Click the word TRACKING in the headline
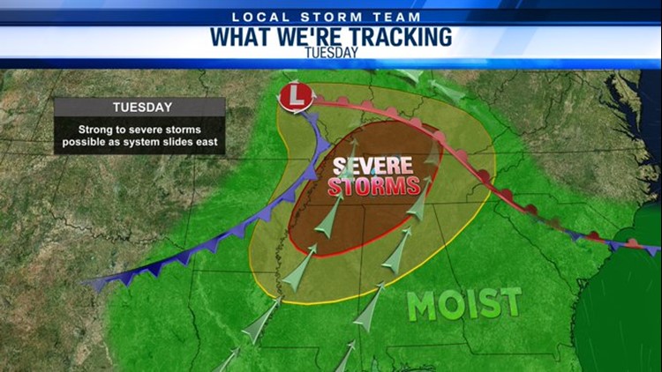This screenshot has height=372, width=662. click(395, 36)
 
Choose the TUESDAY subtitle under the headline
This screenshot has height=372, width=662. click(331, 52)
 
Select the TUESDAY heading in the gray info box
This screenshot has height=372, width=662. click(141, 108)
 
